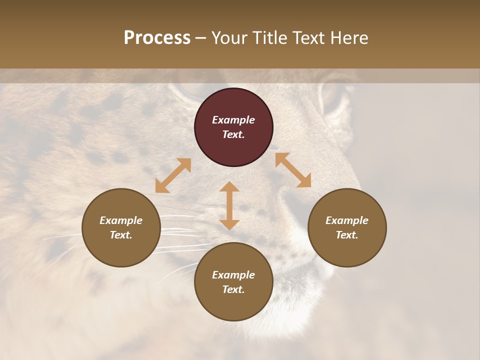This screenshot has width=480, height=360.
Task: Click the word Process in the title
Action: (x=157, y=38)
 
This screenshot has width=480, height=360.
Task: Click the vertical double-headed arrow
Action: (x=229, y=205)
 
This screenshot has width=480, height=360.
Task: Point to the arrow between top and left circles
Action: (x=173, y=175)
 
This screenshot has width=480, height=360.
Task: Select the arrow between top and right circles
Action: (x=293, y=170)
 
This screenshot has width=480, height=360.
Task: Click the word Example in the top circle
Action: (x=233, y=120)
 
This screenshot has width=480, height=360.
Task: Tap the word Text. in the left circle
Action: (x=121, y=235)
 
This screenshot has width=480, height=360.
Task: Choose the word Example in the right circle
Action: (x=347, y=220)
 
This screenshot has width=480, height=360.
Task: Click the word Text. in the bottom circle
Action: (x=233, y=289)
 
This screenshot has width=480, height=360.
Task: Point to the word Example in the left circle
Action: (x=121, y=220)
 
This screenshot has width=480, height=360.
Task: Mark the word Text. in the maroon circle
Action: (x=233, y=134)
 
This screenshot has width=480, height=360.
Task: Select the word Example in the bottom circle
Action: (x=233, y=275)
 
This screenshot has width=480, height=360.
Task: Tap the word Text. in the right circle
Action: (x=347, y=235)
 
